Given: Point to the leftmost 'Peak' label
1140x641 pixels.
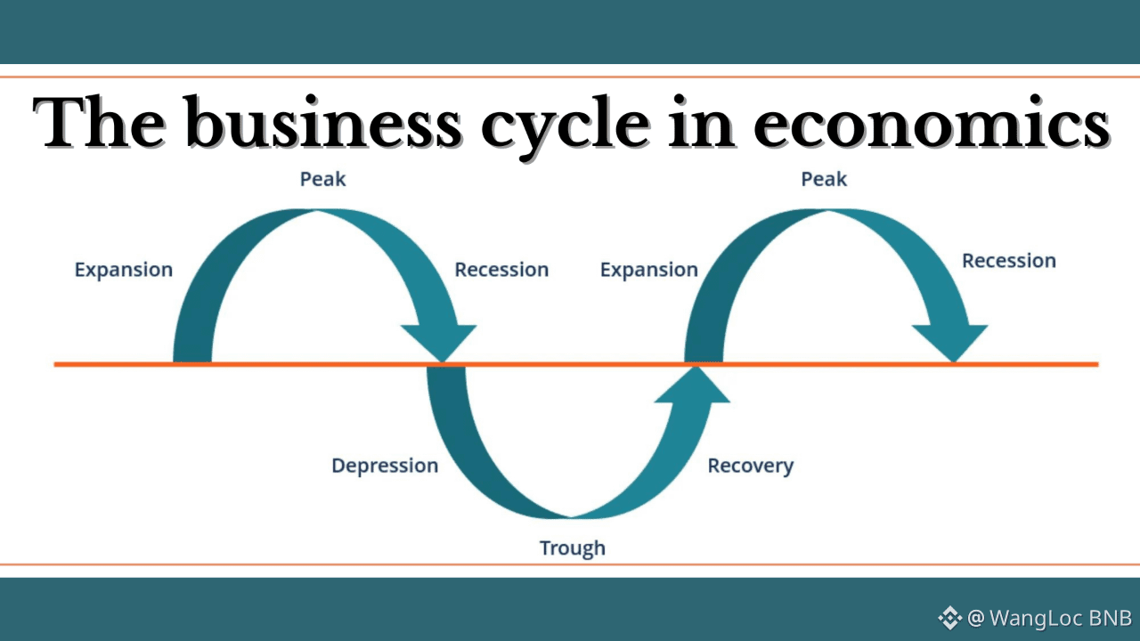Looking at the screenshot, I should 322,179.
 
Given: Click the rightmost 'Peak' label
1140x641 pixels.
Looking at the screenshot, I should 824,179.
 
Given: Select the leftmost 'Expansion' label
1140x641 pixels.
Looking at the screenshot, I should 124,270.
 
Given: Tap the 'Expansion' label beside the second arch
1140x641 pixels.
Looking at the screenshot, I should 649,270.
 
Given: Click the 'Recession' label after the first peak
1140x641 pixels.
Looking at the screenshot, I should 501,270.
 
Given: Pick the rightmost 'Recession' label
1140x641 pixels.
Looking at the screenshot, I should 1009,261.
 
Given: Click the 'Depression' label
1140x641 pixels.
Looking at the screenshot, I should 385,466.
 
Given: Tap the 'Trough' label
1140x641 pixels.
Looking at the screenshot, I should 572,548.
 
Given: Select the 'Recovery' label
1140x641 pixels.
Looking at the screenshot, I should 750,466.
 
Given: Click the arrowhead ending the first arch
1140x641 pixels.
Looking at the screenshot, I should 440,342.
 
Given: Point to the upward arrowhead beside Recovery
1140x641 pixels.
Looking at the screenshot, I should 692,385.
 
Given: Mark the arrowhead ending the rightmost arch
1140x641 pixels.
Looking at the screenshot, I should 950,342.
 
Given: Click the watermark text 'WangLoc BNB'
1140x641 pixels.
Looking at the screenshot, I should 1061,618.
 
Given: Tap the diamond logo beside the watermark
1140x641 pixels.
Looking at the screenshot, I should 949,618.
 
